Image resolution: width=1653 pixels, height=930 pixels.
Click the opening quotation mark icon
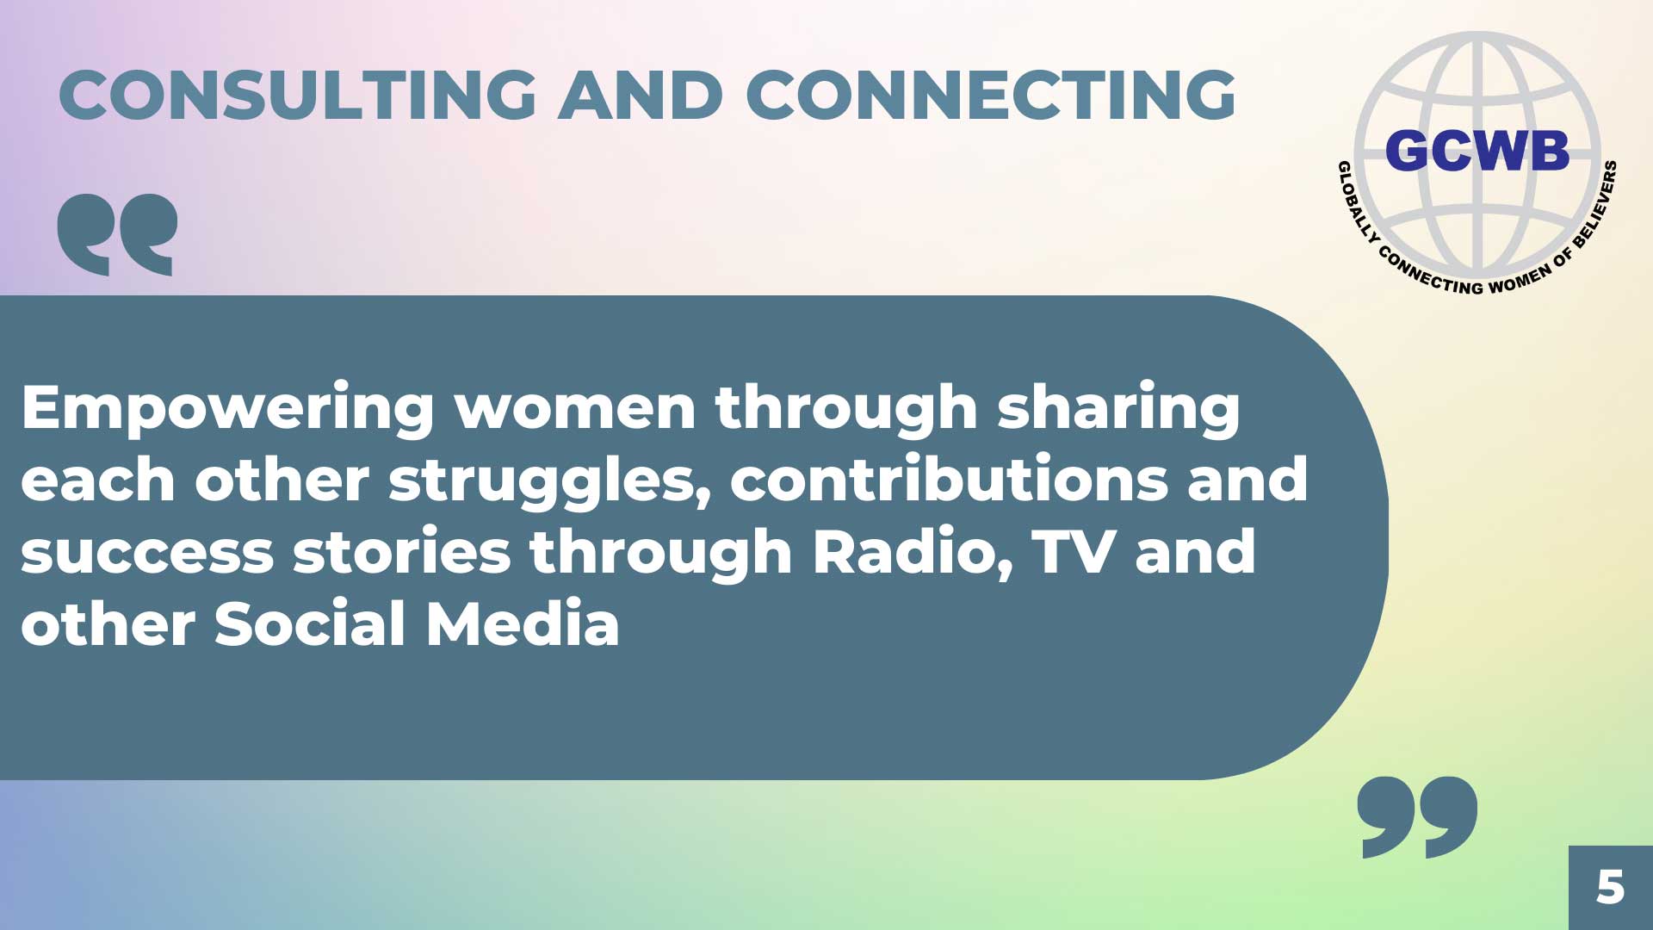(117, 234)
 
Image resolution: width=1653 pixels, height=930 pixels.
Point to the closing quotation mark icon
(1417, 817)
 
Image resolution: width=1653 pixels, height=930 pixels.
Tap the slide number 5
(1610, 887)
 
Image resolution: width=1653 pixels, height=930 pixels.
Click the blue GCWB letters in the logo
(1477, 151)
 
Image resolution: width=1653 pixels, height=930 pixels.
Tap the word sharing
(1118, 409)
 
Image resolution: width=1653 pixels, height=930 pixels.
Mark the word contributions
(948, 479)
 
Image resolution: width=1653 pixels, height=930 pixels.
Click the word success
(147, 554)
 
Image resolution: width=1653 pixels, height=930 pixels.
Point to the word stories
(402, 552)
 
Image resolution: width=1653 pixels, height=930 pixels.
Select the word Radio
(913, 553)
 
